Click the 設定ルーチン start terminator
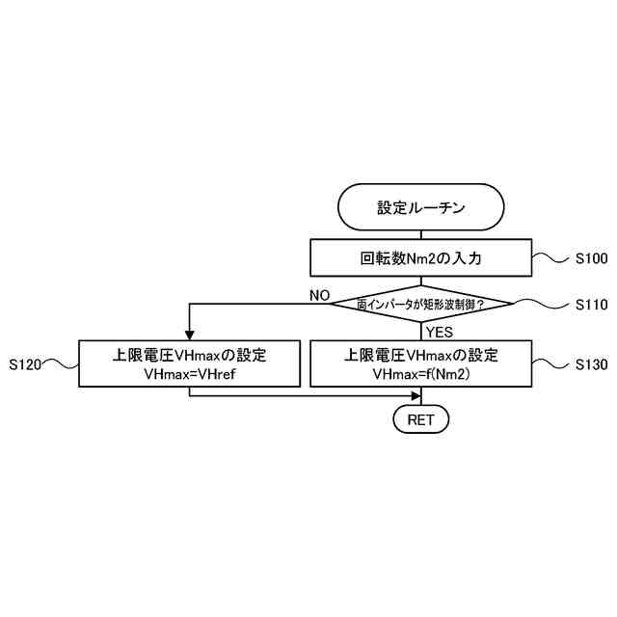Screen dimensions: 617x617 [420, 208]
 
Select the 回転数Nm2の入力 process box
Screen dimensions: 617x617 [420, 257]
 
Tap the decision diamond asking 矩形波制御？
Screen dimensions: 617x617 [420, 305]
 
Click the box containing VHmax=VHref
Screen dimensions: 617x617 [189, 363]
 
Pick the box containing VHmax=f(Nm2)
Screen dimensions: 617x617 [420, 363]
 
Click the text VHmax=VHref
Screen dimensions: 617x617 [189, 373]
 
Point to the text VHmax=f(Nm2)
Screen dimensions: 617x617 [420, 373]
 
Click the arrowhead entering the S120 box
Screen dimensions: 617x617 [189, 335]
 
